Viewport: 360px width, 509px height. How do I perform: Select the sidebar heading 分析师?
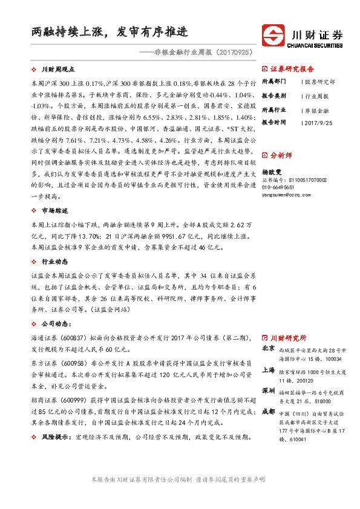click(x=281, y=155)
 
